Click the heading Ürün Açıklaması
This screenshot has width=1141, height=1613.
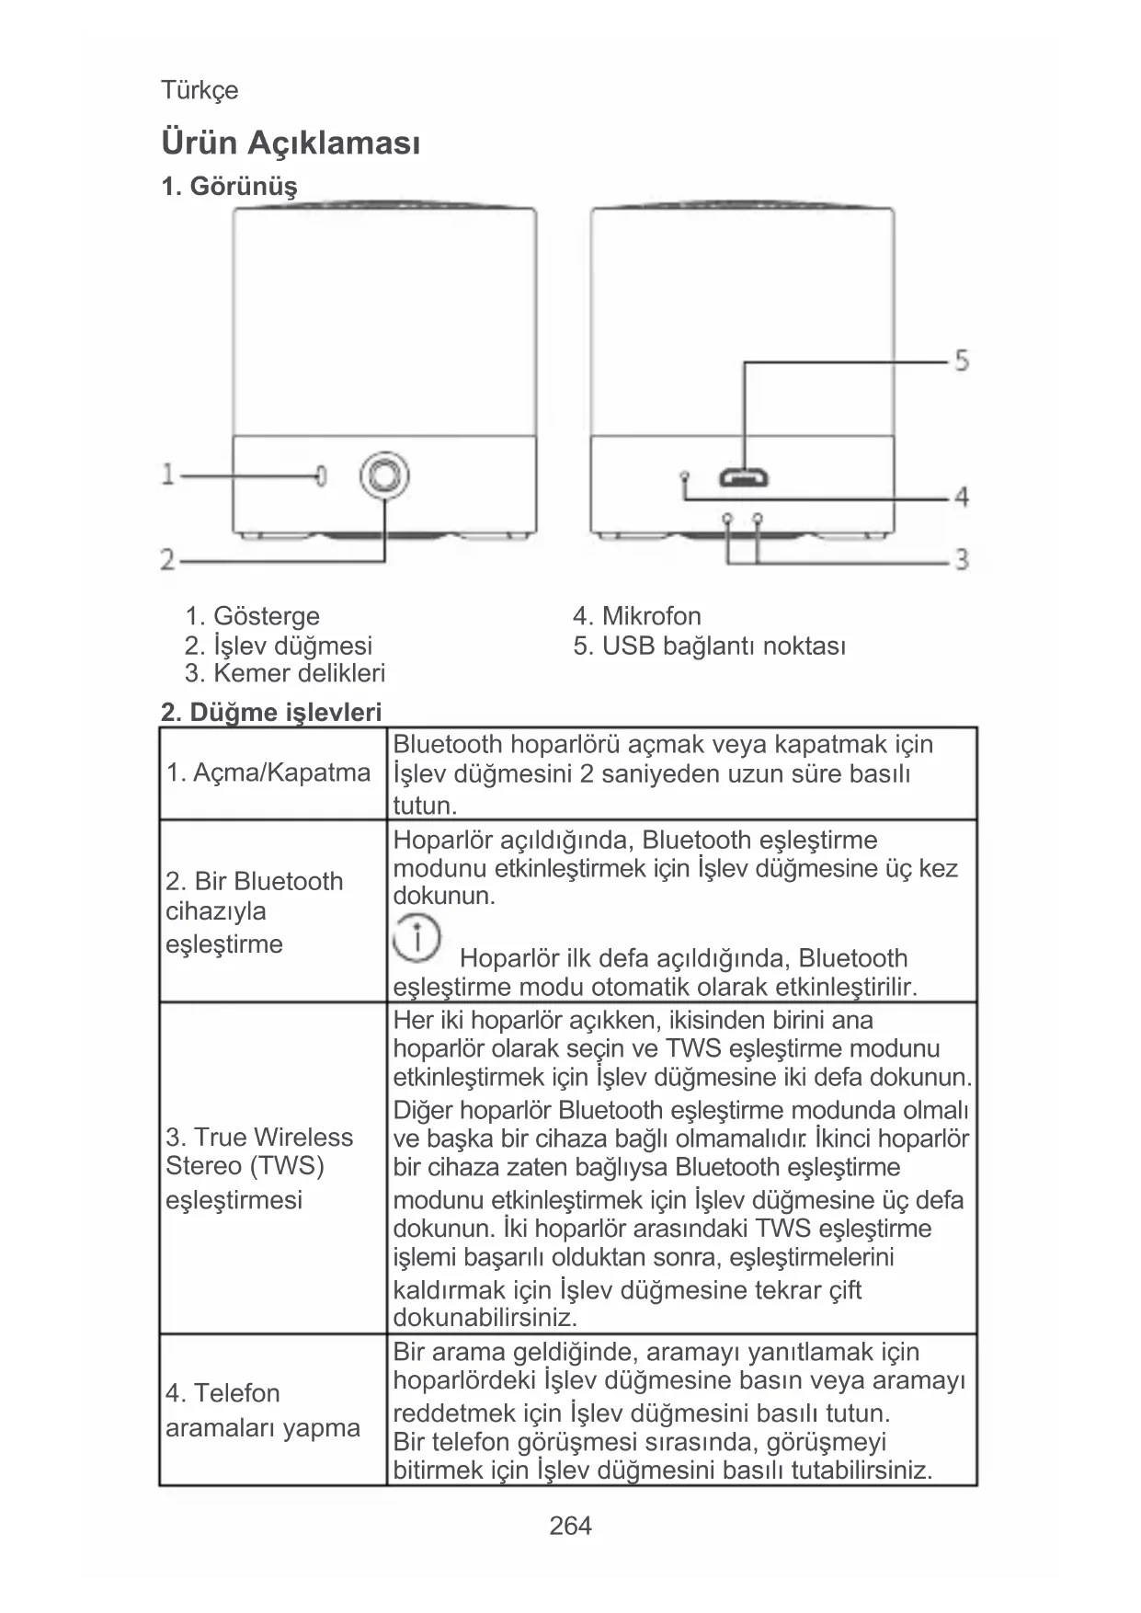291,143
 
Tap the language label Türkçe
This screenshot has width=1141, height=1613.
200,90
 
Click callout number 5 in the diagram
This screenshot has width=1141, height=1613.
961,360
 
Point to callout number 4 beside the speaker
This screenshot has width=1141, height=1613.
961,498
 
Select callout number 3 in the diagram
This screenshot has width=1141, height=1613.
961,558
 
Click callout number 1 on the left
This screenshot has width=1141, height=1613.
167,475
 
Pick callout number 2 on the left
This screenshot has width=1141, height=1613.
167,558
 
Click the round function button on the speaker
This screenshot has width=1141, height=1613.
384,475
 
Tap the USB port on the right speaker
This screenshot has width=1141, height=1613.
745,477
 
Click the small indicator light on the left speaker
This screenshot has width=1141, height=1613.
321,475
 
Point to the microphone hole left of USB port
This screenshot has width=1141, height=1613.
684,475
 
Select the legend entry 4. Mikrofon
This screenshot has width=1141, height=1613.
636,616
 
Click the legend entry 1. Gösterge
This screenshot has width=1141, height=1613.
252,616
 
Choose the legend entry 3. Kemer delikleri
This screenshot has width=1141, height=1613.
284,673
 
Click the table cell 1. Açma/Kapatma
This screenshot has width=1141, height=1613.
268,772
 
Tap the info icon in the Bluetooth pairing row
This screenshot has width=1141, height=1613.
416,939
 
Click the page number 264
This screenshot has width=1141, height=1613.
570,1526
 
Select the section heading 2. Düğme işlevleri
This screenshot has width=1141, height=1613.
271,712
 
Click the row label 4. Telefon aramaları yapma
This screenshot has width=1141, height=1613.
263,1410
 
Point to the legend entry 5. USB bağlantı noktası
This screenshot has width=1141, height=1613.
709,646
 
